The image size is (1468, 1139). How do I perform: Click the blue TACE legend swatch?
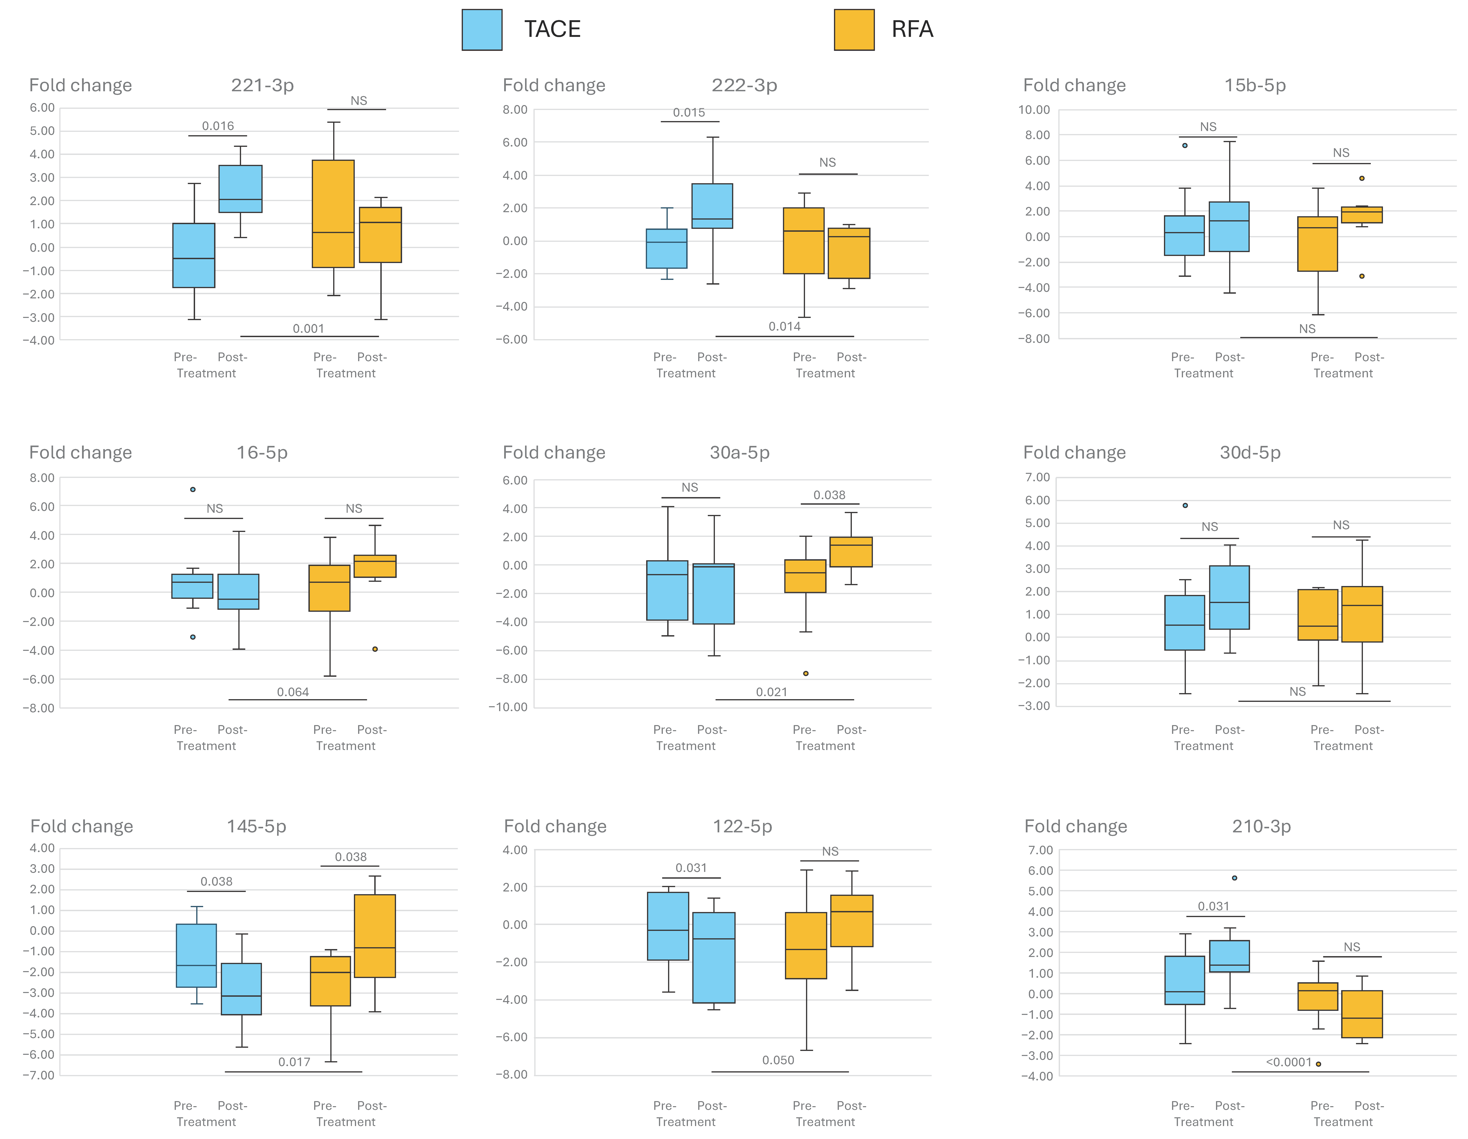tap(482, 30)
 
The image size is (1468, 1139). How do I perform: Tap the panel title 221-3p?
tap(262, 85)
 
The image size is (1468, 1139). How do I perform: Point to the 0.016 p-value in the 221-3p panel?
tap(218, 126)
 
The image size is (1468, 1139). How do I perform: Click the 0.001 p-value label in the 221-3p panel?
tap(309, 329)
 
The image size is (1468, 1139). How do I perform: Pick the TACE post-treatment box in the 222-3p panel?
tap(713, 206)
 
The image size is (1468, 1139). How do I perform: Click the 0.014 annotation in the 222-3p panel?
tap(784, 327)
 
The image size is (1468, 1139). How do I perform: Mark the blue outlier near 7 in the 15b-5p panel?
tap(1185, 145)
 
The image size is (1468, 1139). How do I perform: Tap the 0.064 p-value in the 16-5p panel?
tap(293, 692)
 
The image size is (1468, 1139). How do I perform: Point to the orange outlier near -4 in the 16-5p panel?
tap(375, 649)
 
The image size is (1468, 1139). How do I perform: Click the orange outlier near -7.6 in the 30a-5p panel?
tap(806, 673)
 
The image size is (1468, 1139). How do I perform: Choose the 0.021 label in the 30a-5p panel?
tap(772, 692)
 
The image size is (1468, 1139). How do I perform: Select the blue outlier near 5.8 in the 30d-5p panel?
tap(1185, 505)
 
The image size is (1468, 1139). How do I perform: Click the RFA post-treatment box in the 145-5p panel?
tap(375, 936)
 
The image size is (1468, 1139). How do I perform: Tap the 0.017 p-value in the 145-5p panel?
tap(294, 1062)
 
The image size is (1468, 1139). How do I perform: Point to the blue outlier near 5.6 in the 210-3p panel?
tap(1235, 878)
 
